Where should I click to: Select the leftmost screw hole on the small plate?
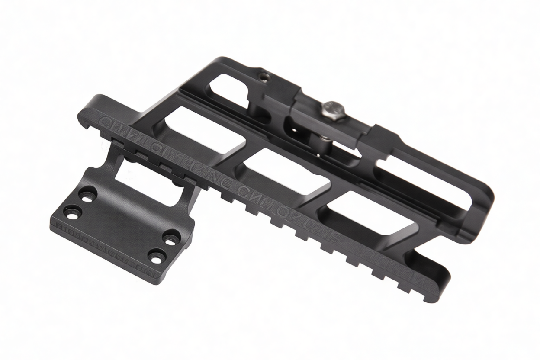point(72,212)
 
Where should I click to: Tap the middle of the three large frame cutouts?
point(283,171)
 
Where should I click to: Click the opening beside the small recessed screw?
point(229,89)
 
